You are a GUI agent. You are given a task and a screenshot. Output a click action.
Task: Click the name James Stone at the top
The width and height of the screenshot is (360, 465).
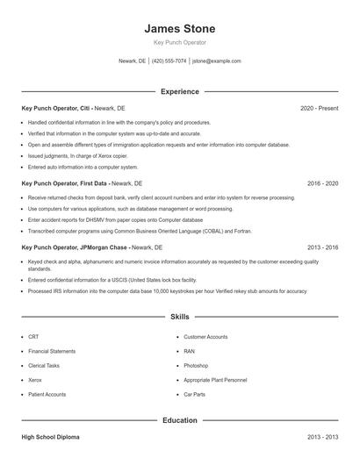179,29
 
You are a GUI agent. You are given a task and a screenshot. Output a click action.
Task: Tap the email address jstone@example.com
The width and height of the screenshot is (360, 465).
216,61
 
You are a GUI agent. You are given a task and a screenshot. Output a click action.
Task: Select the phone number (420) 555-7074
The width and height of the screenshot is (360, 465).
169,61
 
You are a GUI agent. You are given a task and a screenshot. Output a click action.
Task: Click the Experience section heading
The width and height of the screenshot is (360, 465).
179,91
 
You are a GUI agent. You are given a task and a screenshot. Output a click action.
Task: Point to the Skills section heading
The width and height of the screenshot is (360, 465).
179,316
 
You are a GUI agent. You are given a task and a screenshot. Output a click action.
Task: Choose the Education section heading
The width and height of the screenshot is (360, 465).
179,420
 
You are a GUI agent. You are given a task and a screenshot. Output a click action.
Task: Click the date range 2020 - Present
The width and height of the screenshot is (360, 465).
319,108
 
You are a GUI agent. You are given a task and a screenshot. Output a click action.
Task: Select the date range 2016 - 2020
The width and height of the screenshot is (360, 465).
322,183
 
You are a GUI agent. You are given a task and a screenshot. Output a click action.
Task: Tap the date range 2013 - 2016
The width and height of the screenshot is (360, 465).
322,247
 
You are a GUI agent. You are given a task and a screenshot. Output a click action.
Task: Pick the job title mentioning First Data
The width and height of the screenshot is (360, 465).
65,183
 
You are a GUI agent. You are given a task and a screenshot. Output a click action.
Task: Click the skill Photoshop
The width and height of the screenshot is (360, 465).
196,366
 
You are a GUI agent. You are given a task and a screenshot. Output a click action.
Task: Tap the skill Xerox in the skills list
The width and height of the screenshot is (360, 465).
36,380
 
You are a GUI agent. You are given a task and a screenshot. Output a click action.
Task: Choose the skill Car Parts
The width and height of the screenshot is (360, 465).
194,395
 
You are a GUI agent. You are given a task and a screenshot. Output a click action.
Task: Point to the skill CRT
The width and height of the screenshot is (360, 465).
33,337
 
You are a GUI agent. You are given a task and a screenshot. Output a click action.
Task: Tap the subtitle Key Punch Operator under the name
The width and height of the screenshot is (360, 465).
179,43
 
